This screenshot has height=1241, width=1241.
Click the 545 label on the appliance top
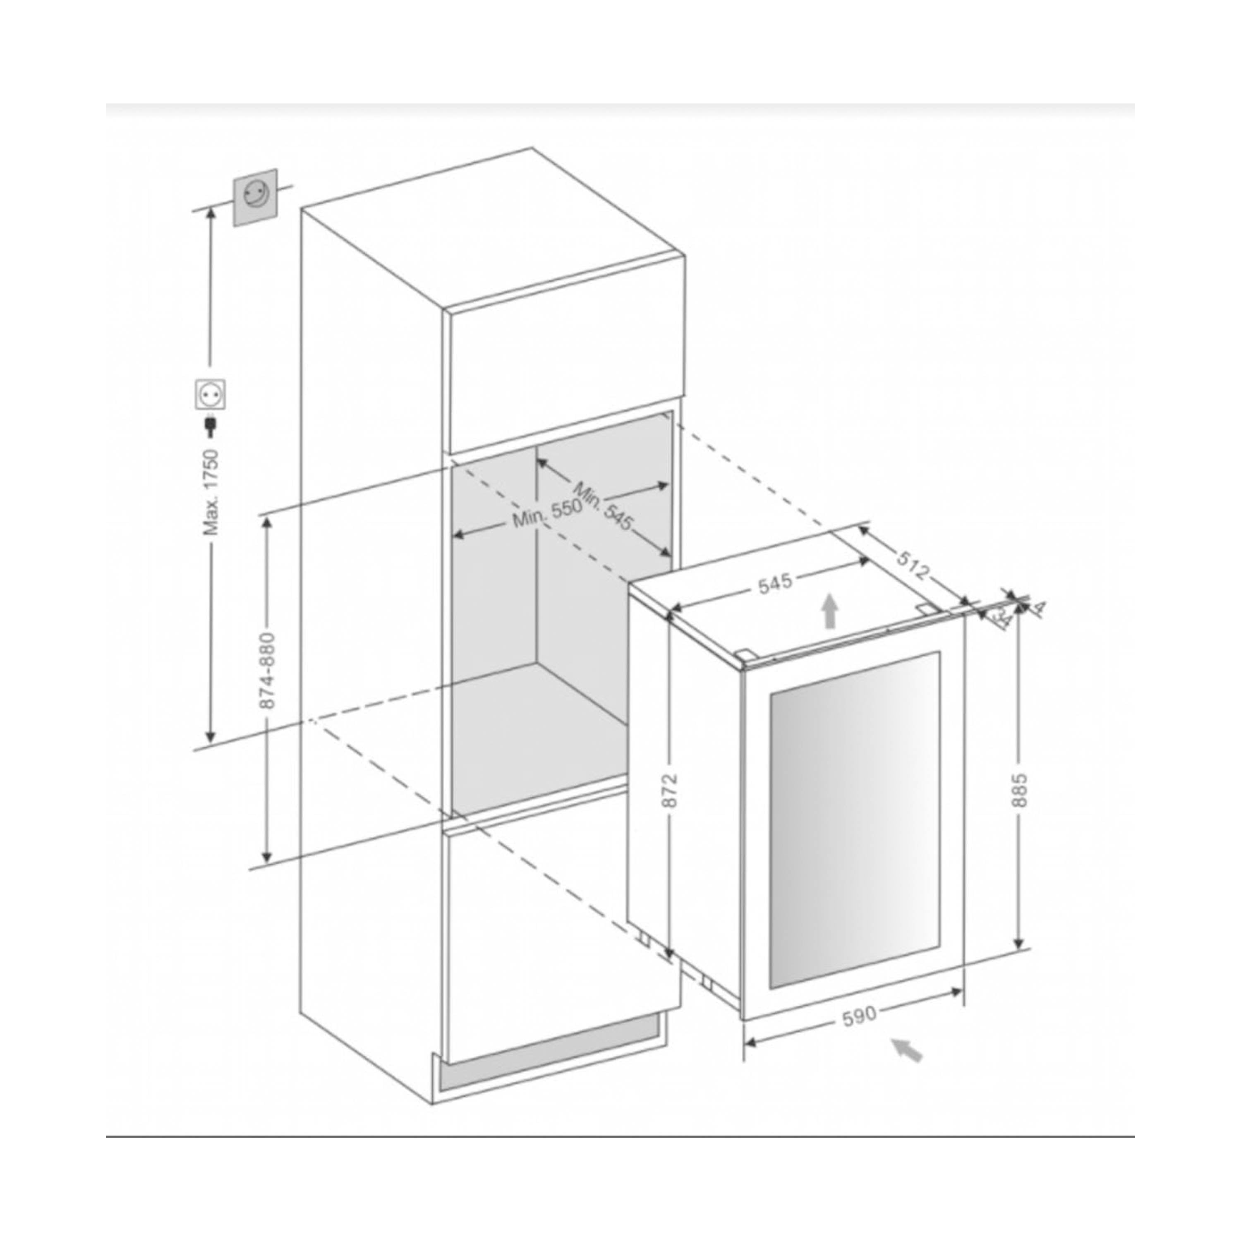(775, 583)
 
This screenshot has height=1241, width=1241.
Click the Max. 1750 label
(211, 493)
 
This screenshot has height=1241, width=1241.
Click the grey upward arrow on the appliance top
(831, 610)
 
